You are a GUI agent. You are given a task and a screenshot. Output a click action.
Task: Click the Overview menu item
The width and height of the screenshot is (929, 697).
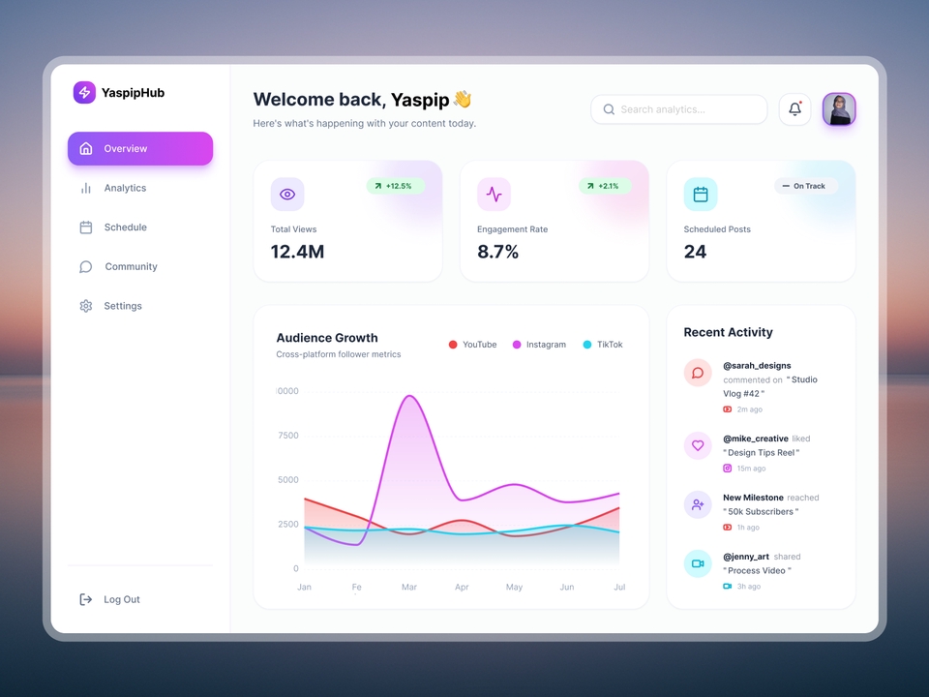pyautogui.click(x=139, y=149)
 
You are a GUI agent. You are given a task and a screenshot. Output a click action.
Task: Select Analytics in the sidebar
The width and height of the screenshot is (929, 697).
pyautogui.click(x=124, y=188)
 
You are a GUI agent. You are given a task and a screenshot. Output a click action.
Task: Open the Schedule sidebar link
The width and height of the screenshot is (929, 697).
pyautogui.click(x=124, y=227)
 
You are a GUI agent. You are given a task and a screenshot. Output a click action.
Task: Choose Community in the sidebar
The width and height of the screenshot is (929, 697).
pyautogui.click(x=130, y=266)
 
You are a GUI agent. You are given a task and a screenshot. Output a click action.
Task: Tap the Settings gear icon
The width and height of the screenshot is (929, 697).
pyautogui.click(x=86, y=306)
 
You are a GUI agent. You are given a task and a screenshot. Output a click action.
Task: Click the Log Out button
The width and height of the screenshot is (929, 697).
pyautogui.click(x=110, y=599)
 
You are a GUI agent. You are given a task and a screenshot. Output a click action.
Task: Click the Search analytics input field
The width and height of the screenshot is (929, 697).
pyautogui.click(x=678, y=109)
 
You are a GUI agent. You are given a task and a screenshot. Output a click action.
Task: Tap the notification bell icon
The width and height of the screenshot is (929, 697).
pyautogui.click(x=794, y=109)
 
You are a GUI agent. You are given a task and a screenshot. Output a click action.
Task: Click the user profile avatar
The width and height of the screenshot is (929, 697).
pyautogui.click(x=839, y=109)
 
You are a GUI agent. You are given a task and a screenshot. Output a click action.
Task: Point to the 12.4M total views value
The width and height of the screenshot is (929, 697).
pyautogui.click(x=297, y=252)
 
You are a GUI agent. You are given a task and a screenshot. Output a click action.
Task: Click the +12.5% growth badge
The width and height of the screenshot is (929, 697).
pyautogui.click(x=394, y=186)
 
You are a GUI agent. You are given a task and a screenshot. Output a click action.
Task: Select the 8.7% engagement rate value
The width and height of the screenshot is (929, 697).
pyautogui.click(x=497, y=252)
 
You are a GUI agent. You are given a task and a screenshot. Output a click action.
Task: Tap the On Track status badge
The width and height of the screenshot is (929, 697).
pyautogui.click(x=804, y=186)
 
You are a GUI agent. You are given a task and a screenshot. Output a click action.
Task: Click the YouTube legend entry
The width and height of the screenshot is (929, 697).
pyautogui.click(x=472, y=345)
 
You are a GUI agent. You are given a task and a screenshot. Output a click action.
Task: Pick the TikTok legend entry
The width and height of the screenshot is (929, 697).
pyautogui.click(x=603, y=345)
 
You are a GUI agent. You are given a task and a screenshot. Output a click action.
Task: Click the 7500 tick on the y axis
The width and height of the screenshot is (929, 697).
pyautogui.click(x=288, y=436)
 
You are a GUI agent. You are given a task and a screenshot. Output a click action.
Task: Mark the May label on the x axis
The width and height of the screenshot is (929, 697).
pyautogui.click(x=514, y=587)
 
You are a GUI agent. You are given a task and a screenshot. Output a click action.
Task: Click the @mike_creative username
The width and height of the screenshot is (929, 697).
pyautogui.click(x=755, y=439)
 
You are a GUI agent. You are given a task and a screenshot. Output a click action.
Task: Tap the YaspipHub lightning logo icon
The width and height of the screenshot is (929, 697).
pyautogui.click(x=84, y=93)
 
